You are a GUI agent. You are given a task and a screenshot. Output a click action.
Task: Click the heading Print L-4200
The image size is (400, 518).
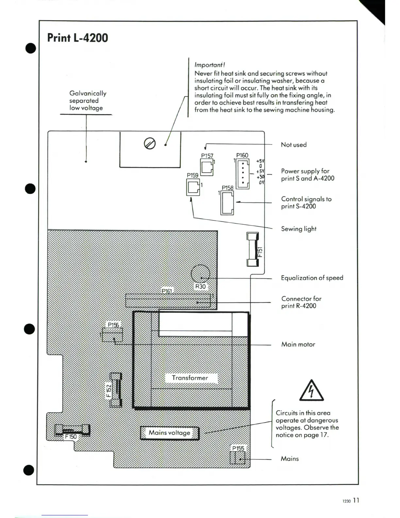(77, 38)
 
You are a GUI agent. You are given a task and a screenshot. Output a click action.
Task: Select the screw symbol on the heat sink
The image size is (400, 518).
(150, 143)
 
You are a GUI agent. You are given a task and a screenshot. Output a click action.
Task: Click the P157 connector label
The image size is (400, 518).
(207, 156)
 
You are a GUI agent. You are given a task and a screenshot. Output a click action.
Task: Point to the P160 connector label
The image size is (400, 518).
(242, 155)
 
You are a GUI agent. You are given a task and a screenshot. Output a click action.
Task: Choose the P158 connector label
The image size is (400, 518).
(227, 188)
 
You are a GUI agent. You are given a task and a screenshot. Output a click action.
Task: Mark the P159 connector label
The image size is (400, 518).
(192, 175)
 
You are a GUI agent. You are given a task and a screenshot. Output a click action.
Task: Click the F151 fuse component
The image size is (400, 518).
(253, 249)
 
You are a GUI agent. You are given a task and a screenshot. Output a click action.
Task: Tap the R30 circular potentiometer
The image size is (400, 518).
(200, 274)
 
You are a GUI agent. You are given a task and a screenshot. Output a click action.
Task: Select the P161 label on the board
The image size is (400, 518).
(167, 291)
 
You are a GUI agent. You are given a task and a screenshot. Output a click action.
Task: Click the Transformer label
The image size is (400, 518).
(190, 378)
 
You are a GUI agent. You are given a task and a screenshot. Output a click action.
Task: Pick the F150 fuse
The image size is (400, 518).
(72, 431)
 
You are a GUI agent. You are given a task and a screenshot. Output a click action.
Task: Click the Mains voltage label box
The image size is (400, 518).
(170, 433)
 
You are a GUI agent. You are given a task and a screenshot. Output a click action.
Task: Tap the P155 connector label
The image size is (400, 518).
(238, 448)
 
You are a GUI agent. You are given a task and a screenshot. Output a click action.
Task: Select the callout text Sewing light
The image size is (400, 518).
(299, 229)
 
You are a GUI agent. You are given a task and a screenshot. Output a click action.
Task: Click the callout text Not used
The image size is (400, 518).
(293, 145)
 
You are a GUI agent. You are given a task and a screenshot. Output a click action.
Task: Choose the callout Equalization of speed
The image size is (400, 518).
(312, 278)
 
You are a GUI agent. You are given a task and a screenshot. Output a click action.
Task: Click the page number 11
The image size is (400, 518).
(356, 500)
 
